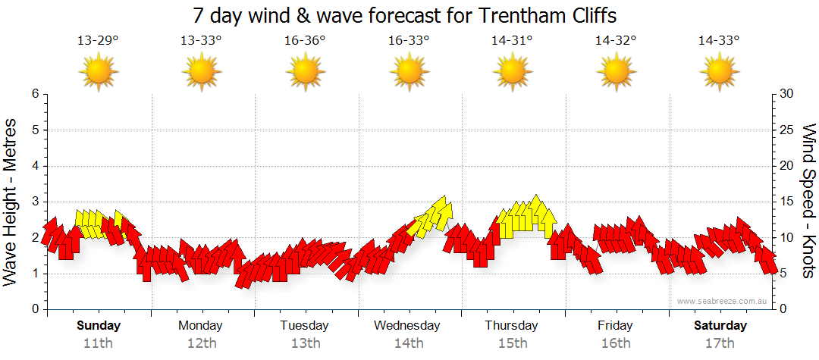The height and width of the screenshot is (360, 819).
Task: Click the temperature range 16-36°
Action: pyautogui.click(x=305, y=41)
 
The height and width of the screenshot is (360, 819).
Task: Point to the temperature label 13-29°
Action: pyautogui.click(x=98, y=41)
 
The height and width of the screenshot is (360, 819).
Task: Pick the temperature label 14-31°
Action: pyautogui.click(x=512, y=41)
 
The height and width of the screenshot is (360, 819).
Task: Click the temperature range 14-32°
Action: pyautogui.click(x=616, y=41)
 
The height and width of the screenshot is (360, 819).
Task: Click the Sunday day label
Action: pyautogui.click(x=99, y=326)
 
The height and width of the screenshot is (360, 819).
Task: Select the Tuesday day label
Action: pyautogui.click(x=305, y=326)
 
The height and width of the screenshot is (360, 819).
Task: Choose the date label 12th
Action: pyautogui.click(x=202, y=343)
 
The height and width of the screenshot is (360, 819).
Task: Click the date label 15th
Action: pyautogui.click(x=513, y=343)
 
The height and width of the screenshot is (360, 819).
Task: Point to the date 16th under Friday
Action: pyautogui.click(x=616, y=343)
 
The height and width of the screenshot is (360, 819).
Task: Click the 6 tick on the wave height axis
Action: pyautogui.click(x=34, y=94)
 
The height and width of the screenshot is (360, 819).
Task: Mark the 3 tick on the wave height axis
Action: pyautogui.click(x=34, y=202)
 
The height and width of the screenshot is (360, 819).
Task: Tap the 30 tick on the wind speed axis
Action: pyautogui.click(x=787, y=94)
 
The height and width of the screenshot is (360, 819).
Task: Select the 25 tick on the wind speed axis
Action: pyautogui.click(x=787, y=130)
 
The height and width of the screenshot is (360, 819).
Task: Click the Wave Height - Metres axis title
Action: pyautogui.click(x=11, y=202)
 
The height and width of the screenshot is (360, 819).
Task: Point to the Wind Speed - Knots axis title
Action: pyautogui.click(x=808, y=202)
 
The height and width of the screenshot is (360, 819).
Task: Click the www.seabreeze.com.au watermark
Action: pyautogui.click(x=723, y=301)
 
